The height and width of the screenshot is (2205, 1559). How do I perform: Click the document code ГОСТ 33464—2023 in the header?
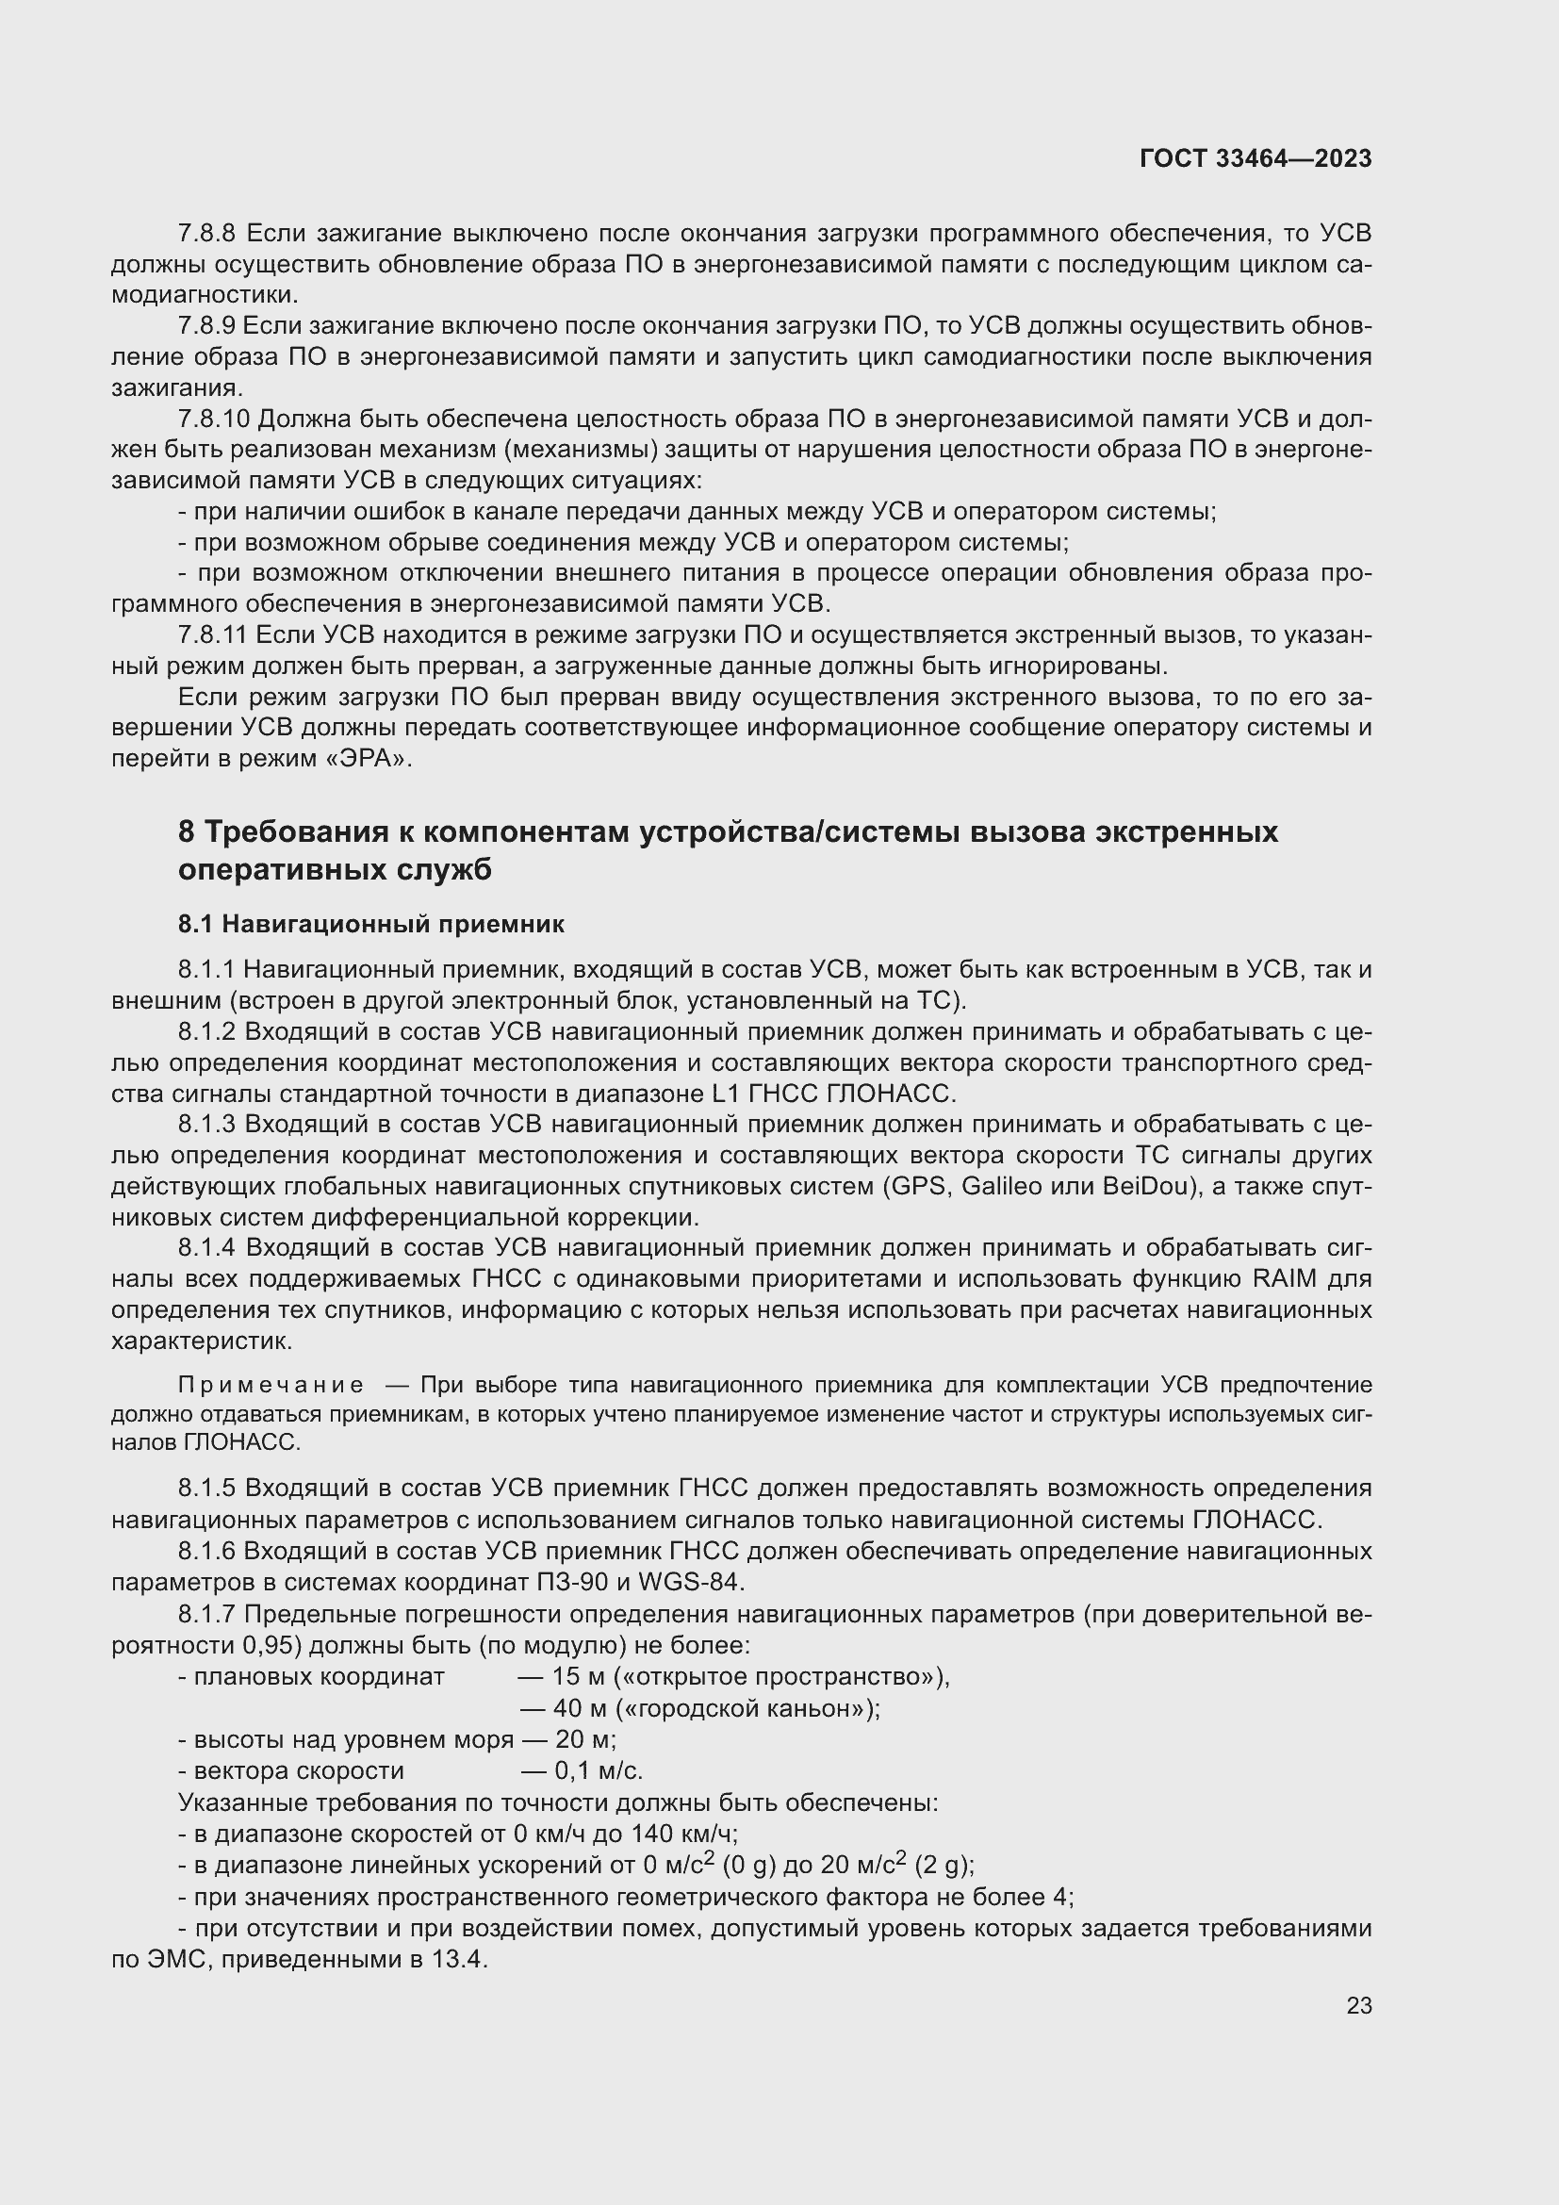coord(1255,159)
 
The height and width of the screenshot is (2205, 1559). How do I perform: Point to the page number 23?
coord(1358,2005)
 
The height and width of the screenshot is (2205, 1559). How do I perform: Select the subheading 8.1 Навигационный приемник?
coord(370,925)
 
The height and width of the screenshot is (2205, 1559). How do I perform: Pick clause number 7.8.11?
coord(212,634)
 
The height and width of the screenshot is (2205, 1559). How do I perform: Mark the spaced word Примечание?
coord(271,1385)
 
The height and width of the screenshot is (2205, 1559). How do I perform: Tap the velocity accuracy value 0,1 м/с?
coord(599,1771)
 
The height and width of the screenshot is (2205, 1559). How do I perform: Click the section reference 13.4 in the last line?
coord(460,1959)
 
